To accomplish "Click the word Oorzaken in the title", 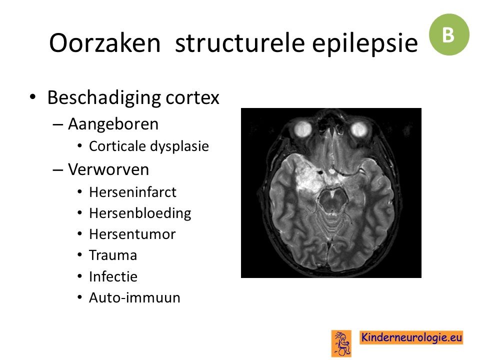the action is point(104,43).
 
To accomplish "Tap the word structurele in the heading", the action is point(239,43).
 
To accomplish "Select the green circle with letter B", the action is point(449,34).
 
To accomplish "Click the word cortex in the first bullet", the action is point(192,98).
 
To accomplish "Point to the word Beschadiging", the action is point(104,98).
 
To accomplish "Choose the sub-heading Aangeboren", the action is point(113,124).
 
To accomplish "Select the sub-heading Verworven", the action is point(108,169).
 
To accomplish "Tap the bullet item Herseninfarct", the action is point(132,192).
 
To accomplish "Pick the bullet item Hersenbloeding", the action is point(140,213).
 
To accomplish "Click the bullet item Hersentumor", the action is point(132,234).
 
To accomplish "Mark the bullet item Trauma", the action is point(113,255).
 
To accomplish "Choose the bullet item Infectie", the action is point(113,276).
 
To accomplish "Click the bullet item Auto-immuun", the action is point(134,297).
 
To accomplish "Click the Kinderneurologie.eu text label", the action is point(411,337).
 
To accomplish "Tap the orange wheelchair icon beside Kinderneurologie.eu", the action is point(341,343).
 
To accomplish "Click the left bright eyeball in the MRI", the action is point(303,128).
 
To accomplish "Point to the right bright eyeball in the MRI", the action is point(359,129).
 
